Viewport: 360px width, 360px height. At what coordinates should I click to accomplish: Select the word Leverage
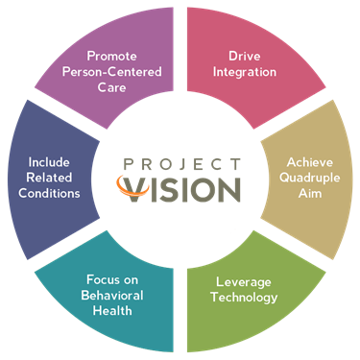(244, 282)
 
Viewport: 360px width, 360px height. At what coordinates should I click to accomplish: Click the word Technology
(244, 298)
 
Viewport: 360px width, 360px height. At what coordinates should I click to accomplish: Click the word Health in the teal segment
(117, 312)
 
